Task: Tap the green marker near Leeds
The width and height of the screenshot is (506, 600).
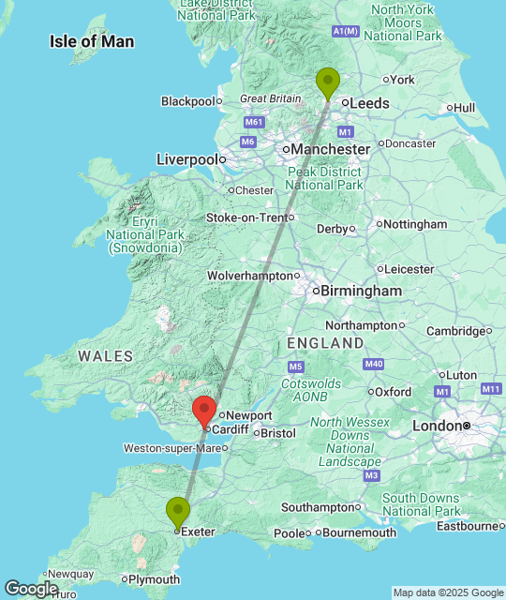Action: click(327, 82)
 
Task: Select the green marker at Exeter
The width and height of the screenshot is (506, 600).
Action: click(178, 512)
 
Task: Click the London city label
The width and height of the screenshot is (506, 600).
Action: click(438, 426)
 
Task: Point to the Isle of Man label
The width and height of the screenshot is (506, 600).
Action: click(92, 41)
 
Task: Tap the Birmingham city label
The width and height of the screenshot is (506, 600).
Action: click(361, 292)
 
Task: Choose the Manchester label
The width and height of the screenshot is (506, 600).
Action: click(330, 149)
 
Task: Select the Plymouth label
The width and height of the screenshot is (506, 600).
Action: click(155, 579)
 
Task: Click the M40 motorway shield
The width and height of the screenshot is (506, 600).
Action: click(374, 363)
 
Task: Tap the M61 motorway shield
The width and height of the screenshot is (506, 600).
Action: click(254, 122)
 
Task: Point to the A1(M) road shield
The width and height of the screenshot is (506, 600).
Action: click(346, 31)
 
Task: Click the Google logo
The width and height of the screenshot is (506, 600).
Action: click(30, 588)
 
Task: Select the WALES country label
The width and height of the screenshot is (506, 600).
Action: click(106, 356)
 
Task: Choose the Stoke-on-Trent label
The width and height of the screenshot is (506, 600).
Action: click(247, 217)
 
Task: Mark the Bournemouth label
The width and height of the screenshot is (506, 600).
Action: click(360, 532)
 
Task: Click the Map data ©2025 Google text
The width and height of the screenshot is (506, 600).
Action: click(448, 592)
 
